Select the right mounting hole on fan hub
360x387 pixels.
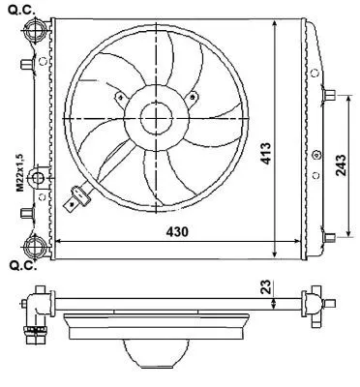click(193, 95)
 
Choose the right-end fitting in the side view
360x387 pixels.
click(314, 303)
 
